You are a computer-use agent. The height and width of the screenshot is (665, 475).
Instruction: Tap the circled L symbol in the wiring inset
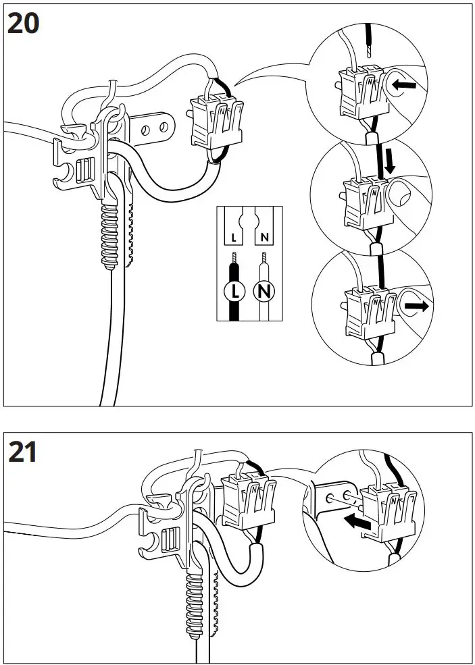234,292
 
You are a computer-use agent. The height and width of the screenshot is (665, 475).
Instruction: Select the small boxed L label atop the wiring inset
234,238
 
